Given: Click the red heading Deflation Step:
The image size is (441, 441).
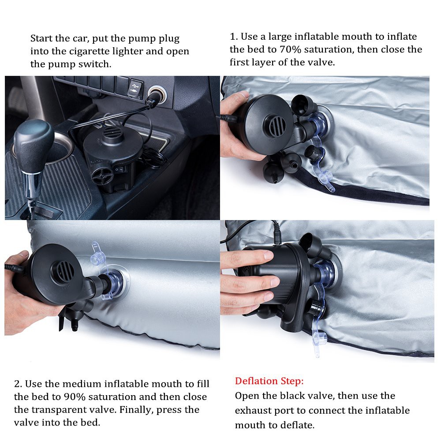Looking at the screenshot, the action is pos(269,381).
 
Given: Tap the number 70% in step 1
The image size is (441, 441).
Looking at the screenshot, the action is pos(290,49).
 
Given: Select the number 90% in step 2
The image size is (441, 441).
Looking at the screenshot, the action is pos(75,397).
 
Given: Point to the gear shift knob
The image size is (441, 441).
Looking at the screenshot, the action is pos(34,142).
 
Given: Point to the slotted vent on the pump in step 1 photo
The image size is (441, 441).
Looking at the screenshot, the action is pos(277,125).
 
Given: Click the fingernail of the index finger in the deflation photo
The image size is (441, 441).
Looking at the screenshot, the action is pos(268,255).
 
